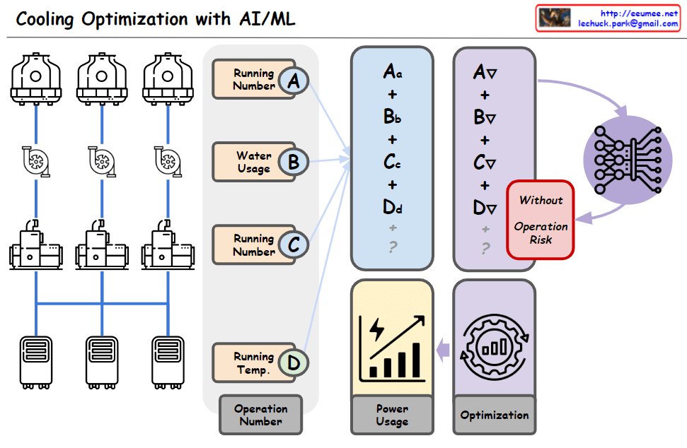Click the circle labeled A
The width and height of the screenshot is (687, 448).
click(x=294, y=81)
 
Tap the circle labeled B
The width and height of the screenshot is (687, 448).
click(x=293, y=163)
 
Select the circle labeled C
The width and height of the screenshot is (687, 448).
click(x=293, y=245)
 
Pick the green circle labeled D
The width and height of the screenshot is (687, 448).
click(x=294, y=363)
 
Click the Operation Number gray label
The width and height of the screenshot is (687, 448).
click(x=260, y=415)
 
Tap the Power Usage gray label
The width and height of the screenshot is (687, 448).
click(x=392, y=415)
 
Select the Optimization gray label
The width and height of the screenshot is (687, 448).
click(x=495, y=415)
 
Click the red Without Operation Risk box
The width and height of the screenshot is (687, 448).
click(x=541, y=219)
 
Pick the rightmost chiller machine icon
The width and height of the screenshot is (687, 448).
click(x=167, y=244)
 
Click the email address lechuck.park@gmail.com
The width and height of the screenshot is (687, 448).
click(x=628, y=23)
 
